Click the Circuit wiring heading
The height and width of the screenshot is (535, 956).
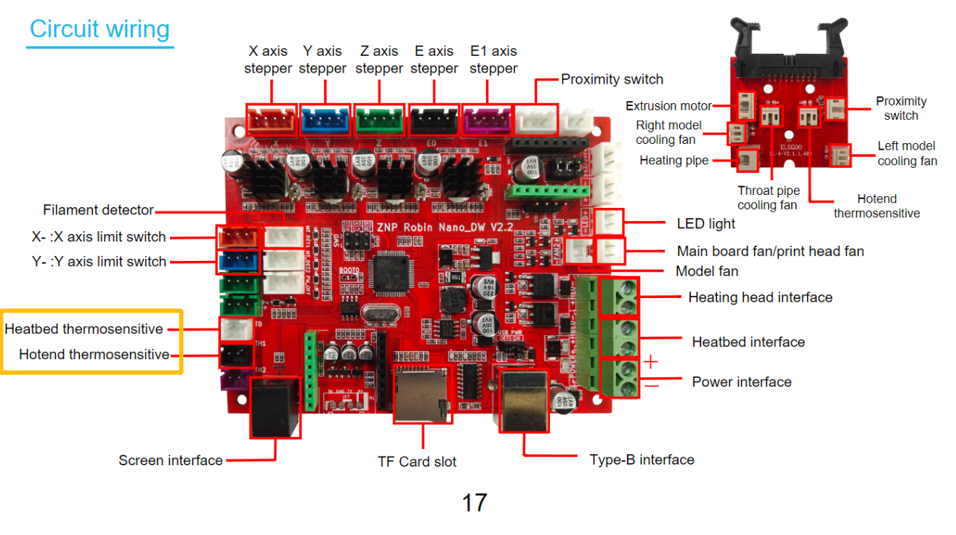click(100, 29)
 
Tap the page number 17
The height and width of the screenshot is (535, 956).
click(474, 502)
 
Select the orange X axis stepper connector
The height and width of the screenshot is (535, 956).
click(272, 118)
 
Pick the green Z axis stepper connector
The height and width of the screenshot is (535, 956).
click(380, 118)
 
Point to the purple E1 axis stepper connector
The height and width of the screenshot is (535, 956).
click(489, 118)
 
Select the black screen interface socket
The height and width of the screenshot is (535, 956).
click(275, 407)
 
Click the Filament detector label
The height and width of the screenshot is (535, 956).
click(98, 210)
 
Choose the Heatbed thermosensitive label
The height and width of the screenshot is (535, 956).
click(84, 329)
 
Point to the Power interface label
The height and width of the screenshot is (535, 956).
click(741, 382)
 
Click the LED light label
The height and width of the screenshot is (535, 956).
click(705, 224)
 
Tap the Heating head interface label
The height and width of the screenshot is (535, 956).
click(760, 297)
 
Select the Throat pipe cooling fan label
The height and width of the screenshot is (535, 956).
click(768, 198)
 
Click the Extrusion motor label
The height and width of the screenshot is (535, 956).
click(668, 106)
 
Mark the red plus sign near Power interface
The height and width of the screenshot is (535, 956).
click(651, 361)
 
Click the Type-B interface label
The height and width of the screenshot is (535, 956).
click(641, 459)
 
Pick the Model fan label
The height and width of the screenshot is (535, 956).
click(706, 271)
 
